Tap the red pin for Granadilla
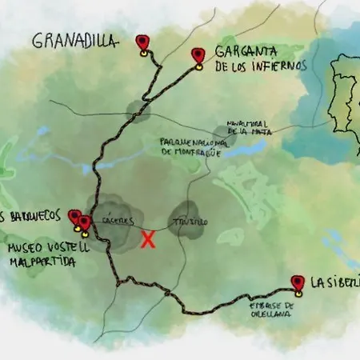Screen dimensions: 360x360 142,42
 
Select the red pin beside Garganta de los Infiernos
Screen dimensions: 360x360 198,55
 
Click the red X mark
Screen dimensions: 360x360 148,239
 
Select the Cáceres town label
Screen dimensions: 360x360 118,221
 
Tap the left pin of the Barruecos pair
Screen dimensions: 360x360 74,217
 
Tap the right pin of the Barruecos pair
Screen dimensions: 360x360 84,222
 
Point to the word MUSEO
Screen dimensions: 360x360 24,248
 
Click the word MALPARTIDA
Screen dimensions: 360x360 42,262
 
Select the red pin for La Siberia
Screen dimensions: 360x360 298,282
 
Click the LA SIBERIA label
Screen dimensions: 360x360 334,282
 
